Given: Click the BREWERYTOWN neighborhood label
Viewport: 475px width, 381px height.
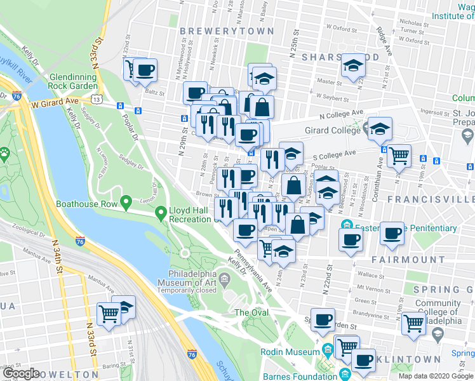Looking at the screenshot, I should click(x=227, y=31).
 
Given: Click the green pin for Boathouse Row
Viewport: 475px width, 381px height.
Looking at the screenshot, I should click(x=126, y=203).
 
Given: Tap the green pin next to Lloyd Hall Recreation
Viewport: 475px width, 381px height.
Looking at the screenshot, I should click(x=163, y=213).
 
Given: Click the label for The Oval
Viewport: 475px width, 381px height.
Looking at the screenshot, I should click(x=251, y=312).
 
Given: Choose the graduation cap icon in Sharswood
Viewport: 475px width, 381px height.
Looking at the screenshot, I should click(x=352, y=65).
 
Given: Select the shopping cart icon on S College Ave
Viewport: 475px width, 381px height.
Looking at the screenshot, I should click(x=399, y=154).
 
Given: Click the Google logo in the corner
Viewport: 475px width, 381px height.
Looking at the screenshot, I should click(x=21, y=373).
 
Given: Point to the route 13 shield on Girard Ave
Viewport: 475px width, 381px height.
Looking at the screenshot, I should click(x=95, y=100).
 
